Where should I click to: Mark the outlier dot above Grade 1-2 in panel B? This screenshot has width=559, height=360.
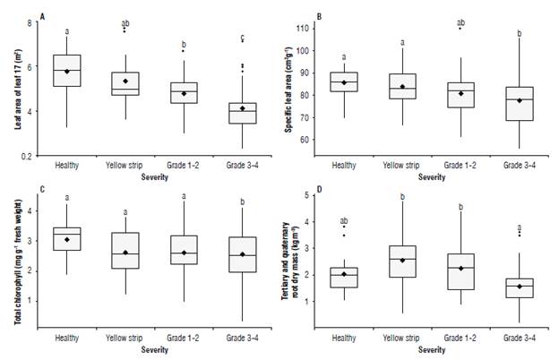[x=460, y=29]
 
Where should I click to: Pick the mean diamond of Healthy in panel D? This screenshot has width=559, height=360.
[x=344, y=274]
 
